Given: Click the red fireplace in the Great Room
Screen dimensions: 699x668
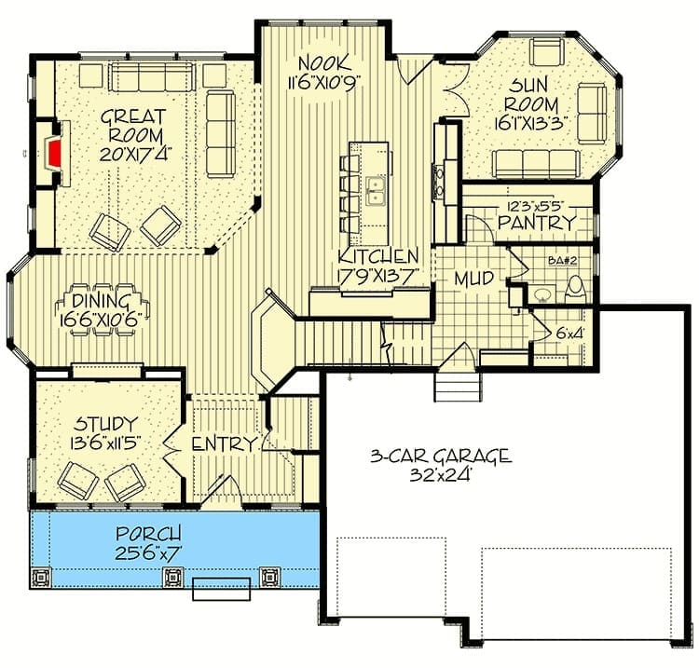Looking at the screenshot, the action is tap(53, 153).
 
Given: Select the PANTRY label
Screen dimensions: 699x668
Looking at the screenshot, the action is tap(537, 222).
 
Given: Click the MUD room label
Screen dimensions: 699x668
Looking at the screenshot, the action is tap(473, 278).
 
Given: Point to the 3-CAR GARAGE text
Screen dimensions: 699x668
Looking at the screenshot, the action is tap(441, 457).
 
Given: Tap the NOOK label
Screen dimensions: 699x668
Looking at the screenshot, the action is tap(324, 62).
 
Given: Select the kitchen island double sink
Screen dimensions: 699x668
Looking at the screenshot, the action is tap(376, 191).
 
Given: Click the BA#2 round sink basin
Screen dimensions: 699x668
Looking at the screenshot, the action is tap(542, 293).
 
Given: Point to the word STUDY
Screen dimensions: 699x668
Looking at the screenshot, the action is tap(105, 423).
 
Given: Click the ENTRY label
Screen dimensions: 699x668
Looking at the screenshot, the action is tap(226, 444).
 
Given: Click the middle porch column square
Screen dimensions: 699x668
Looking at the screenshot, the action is tap(172, 577).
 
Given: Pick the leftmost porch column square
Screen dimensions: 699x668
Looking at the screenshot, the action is tap(41, 577).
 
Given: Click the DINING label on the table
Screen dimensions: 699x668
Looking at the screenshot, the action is tap(101, 302).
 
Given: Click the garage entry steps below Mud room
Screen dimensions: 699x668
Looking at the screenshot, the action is tap(459, 388).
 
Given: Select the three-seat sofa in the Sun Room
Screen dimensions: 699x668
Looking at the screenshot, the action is tap(536, 164).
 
